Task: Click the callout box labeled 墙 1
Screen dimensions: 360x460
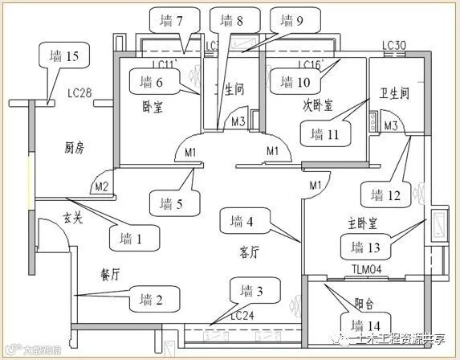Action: tap(133, 238)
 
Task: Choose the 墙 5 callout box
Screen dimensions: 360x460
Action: tap(174, 202)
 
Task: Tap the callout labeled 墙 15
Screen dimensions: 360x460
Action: tap(63, 58)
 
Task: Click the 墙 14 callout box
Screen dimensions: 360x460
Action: tap(369, 324)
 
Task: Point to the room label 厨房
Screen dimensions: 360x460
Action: tap(75, 147)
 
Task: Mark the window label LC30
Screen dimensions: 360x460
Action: tap(393, 46)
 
